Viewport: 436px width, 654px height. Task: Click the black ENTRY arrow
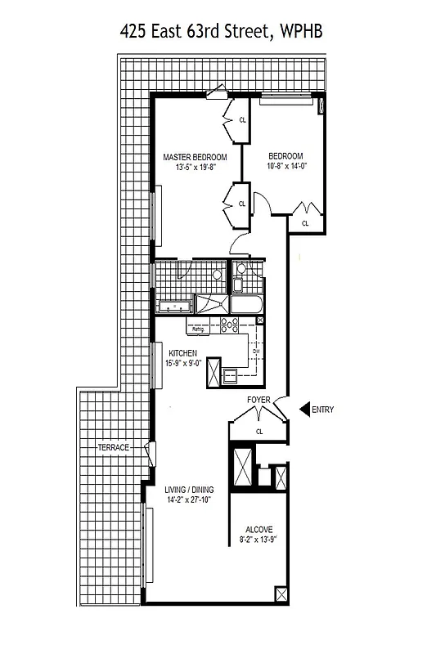tap(303, 410)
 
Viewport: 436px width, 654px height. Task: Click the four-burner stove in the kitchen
tap(228, 325)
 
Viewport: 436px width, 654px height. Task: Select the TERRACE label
tap(114, 448)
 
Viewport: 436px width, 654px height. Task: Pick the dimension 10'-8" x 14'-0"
tap(285, 167)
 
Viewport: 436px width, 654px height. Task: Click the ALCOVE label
tap(258, 529)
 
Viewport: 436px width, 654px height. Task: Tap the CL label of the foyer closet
tap(259, 432)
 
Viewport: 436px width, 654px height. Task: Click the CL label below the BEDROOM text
tap(305, 222)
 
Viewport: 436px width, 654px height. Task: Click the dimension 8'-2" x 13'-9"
tap(258, 540)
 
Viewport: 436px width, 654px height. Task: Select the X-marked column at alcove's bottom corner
tap(281, 594)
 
